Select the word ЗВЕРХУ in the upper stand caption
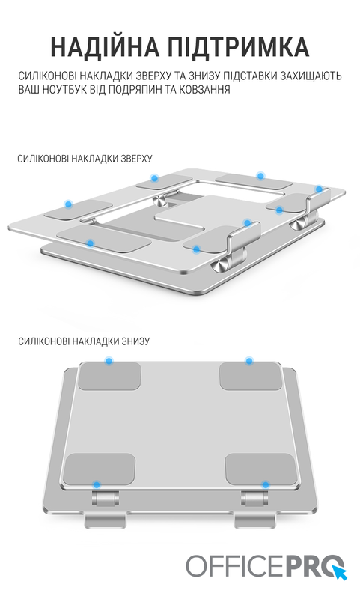point(137,159)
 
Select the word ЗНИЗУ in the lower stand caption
point(135,341)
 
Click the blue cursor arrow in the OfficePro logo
point(339,572)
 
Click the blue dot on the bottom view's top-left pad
point(109,361)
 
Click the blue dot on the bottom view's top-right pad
point(249,361)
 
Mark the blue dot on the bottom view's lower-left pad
point(97,484)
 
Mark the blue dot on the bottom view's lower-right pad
point(266,484)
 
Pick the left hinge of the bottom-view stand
point(105,498)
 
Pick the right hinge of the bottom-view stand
point(254,498)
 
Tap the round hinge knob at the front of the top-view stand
point(219,265)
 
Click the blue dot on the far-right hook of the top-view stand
point(319,189)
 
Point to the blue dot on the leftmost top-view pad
point(69,204)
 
